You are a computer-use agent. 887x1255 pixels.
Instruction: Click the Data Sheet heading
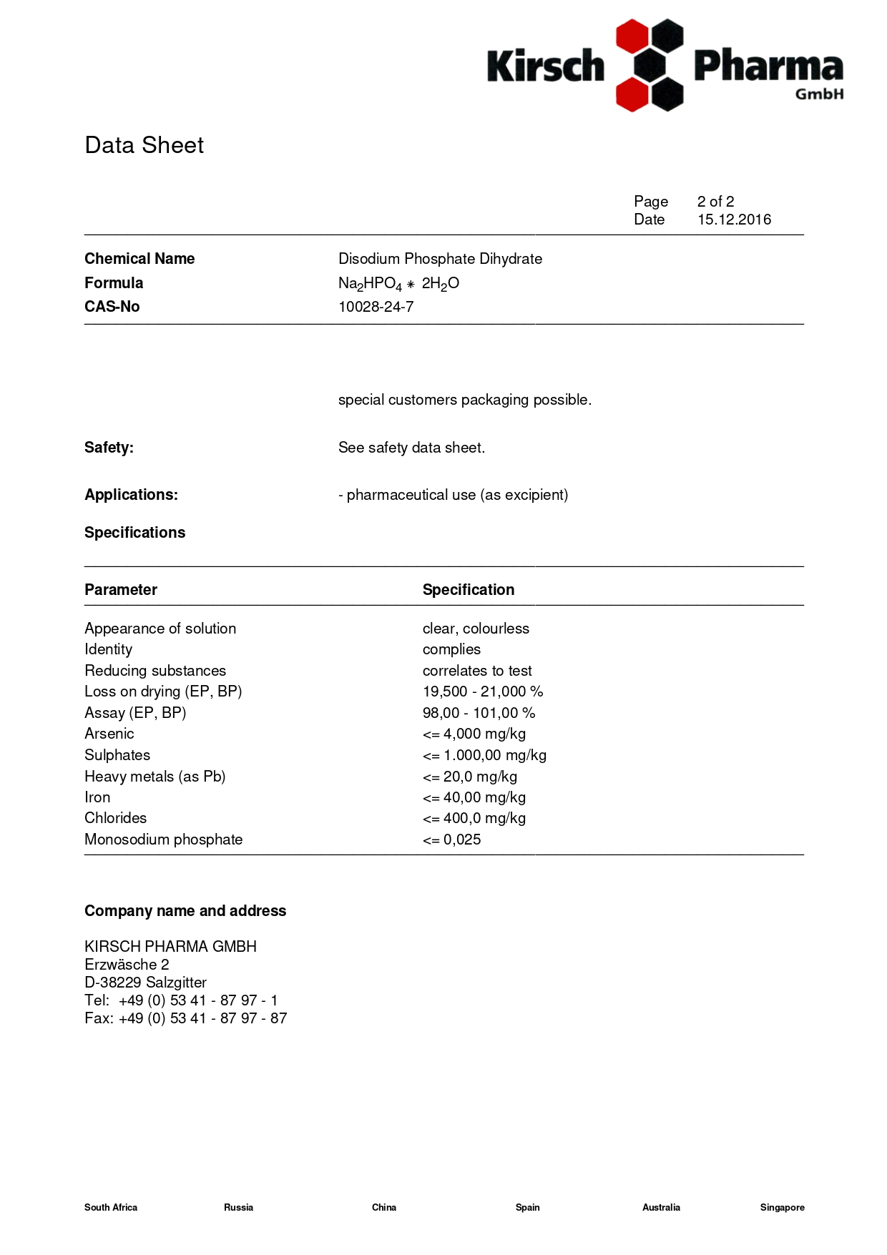pos(144,145)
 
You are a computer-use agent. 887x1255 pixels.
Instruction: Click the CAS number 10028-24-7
pos(376,307)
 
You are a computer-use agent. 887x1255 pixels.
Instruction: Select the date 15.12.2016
pos(734,220)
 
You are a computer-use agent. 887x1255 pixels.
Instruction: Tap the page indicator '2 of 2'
pos(715,202)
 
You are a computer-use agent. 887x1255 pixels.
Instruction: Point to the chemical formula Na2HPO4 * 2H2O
pos(398,284)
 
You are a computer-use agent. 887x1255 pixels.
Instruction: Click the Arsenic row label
pos(109,734)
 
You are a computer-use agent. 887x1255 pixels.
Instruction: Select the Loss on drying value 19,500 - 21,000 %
pos(483,692)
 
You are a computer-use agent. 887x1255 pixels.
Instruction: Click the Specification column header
pos(468,590)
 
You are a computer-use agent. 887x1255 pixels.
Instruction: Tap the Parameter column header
pos(120,590)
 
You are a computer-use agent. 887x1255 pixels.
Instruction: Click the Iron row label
pos(97,797)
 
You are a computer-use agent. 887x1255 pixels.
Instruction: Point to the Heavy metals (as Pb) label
pos(155,777)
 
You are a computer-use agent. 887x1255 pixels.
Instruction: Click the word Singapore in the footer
pos(782,1207)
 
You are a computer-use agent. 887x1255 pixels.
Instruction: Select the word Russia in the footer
pos(238,1207)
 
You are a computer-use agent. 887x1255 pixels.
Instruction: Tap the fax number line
pos(185,1018)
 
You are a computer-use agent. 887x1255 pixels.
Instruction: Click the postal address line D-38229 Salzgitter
pos(145,983)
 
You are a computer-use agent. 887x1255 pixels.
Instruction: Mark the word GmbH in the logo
pos(819,94)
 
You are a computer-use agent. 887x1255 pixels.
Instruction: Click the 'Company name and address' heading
pos(185,911)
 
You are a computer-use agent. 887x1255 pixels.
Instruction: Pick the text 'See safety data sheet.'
pos(411,448)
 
